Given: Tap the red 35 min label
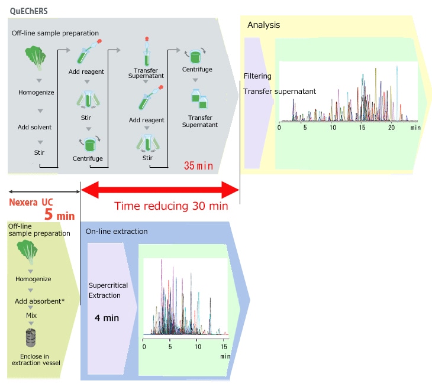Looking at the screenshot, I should coord(198,165).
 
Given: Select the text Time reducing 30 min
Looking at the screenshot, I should coord(171,206).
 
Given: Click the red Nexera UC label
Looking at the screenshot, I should coord(31,202).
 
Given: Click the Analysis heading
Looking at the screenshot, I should coord(263,25).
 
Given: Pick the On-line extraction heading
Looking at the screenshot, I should coord(117,231).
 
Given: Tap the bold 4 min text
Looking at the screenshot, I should coord(107,318).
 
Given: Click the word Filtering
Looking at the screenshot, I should coord(257,76).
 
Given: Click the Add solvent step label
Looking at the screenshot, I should coord(34,127).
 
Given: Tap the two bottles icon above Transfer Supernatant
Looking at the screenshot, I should coord(199,98).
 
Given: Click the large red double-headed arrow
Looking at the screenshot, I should coord(160,190).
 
